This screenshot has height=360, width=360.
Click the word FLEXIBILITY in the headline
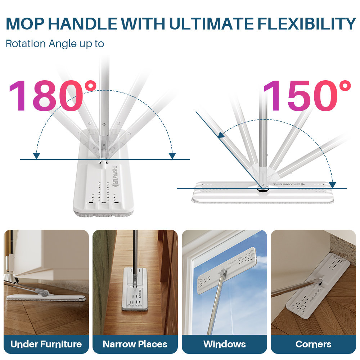coord(306,24)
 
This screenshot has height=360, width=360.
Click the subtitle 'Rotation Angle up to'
coord(55,44)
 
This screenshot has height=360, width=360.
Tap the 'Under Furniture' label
coord(46,344)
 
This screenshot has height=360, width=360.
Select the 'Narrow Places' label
coord(135,344)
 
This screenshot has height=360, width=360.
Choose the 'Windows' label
coord(224,344)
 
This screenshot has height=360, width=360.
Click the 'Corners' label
coord(313,344)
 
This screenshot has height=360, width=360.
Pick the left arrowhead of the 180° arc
coord(36,156)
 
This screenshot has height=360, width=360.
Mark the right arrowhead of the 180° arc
coord(172,156)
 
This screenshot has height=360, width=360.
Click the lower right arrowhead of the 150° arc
coord(332,185)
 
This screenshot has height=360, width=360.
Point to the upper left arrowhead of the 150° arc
coord(221,135)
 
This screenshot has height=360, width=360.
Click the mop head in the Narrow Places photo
coord(135,293)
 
